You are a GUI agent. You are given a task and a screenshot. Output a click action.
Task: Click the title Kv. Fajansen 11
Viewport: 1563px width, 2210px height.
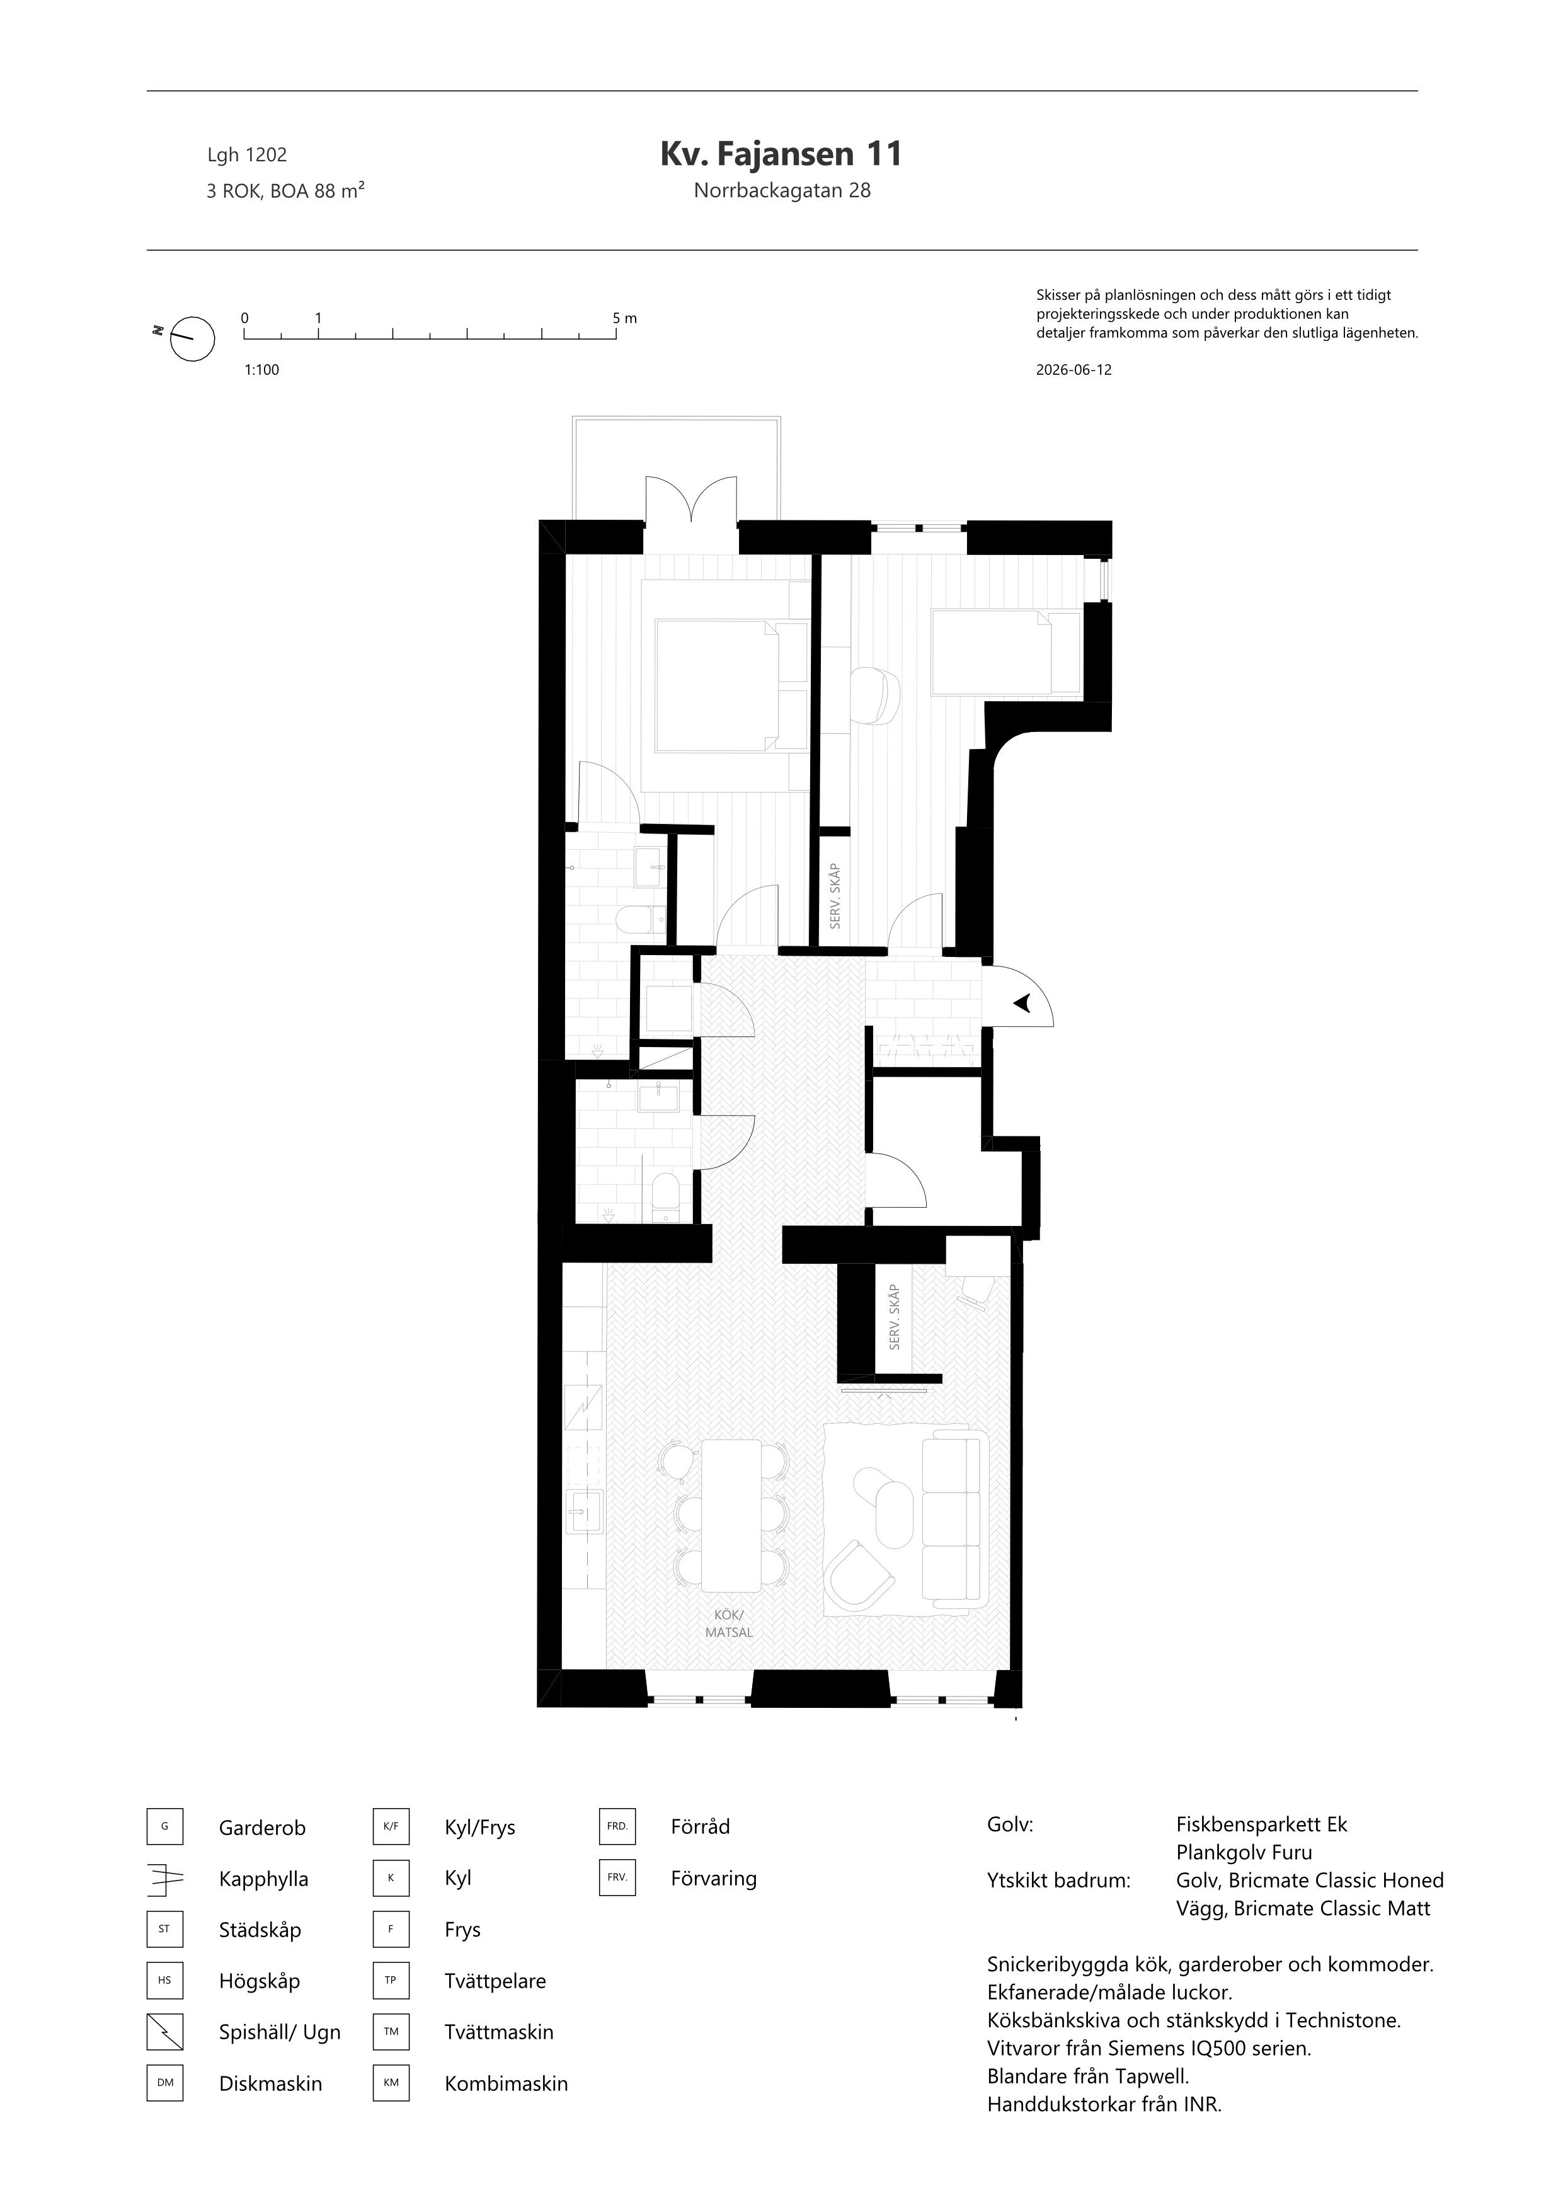pos(781,154)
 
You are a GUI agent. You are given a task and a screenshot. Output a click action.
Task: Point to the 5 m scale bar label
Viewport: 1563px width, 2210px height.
pos(624,318)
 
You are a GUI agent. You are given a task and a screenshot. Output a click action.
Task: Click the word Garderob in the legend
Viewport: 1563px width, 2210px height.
pos(262,1828)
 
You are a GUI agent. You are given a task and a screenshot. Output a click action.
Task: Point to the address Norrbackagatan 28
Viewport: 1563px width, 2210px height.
pos(781,191)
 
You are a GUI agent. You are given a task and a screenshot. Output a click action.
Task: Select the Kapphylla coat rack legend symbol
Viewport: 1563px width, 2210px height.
pos(164,1879)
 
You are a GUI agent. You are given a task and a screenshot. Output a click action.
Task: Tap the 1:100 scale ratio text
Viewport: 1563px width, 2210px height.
pos(262,370)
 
